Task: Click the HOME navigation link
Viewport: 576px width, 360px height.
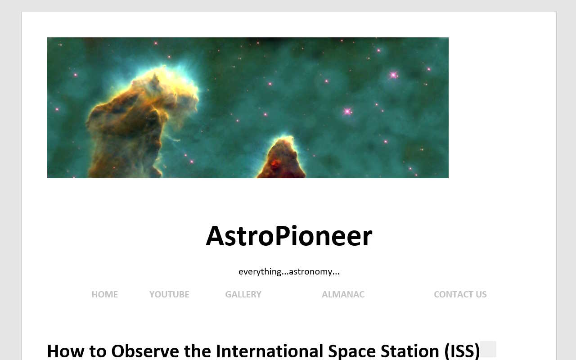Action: (x=104, y=294)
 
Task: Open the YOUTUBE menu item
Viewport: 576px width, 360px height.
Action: (x=169, y=294)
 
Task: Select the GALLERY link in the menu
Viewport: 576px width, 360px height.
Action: (x=243, y=294)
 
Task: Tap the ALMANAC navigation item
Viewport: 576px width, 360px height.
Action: (x=343, y=294)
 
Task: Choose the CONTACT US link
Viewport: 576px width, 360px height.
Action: (x=460, y=294)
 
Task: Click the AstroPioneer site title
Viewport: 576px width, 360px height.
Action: (x=289, y=236)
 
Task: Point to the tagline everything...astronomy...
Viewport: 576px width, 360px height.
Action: (x=289, y=271)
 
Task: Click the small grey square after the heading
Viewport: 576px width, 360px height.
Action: (x=488, y=349)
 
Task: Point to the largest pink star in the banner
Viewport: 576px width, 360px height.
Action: (x=393, y=75)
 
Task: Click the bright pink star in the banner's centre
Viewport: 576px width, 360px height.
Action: (x=347, y=111)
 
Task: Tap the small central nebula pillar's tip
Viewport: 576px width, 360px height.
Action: (x=283, y=140)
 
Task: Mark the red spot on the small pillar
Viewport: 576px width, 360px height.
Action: (x=275, y=162)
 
